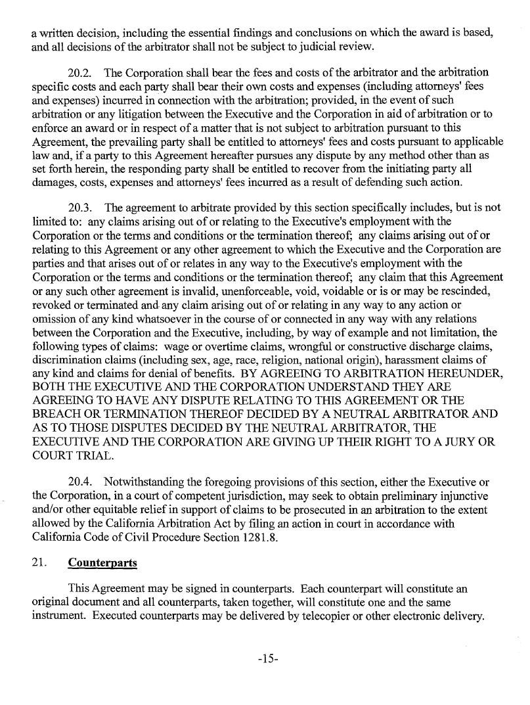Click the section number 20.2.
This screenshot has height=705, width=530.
pos(81,72)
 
